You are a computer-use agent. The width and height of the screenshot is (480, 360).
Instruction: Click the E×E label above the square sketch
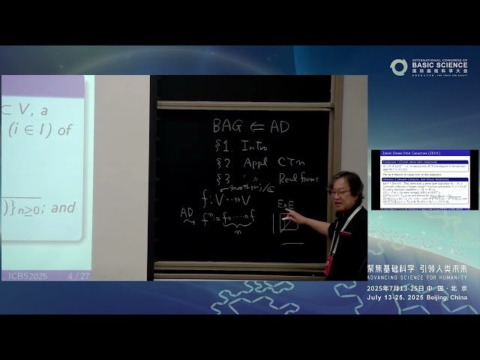(286, 204)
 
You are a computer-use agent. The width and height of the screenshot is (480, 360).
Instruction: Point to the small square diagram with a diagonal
(287, 223)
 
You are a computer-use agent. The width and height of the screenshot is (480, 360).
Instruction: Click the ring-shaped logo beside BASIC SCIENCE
(398, 67)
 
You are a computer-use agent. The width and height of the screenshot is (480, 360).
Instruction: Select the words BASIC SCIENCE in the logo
(439, 64)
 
